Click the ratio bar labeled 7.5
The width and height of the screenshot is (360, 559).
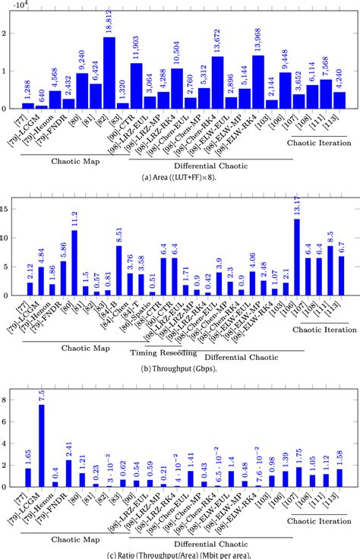41,446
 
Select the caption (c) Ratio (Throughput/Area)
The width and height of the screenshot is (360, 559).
180,552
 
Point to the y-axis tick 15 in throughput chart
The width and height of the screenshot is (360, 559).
7,207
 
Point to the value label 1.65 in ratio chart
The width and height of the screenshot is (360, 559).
27,456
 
